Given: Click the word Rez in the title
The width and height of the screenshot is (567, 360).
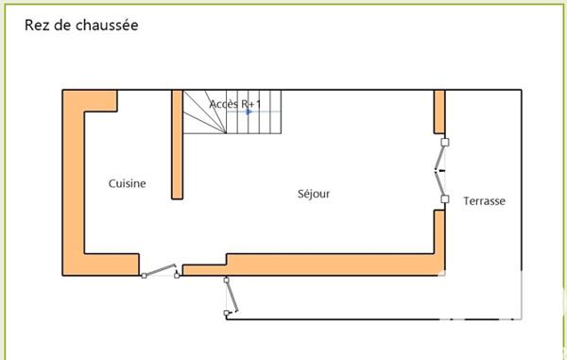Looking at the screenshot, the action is [x=35, y=26].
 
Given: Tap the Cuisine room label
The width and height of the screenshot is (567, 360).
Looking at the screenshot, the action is [x=127, y=183].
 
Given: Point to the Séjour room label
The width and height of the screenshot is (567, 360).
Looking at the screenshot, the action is [x=314, y=195].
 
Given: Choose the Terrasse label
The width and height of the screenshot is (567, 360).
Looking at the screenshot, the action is [x=484, y=201].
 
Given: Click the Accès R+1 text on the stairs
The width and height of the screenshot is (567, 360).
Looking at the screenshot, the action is [x=233, y=103].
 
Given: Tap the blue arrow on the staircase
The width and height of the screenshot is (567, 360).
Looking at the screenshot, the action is [x=249, y=111].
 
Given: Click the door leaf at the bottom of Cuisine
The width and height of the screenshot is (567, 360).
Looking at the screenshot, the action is [x=161, y=270].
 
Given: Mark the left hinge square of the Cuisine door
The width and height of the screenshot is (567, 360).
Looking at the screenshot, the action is [x=144, y=276].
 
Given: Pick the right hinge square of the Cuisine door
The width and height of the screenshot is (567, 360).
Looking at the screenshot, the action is [x=178, y=275].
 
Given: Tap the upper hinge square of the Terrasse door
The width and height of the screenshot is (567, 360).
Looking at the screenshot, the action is [x=445, y=142].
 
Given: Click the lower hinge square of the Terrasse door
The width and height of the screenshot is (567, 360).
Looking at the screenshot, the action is [x=445, y=199].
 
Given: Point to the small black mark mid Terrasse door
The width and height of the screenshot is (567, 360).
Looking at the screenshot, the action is [x=439, y=170].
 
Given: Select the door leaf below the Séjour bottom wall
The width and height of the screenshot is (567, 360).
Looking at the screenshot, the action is [x=232, y=297].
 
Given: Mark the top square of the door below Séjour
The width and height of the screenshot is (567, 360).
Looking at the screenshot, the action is [x=226, y=280].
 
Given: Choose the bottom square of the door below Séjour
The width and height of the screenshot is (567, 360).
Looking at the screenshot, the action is [x=226, y=313].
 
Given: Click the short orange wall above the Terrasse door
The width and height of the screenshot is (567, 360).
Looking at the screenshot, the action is [x=439, y=111].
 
